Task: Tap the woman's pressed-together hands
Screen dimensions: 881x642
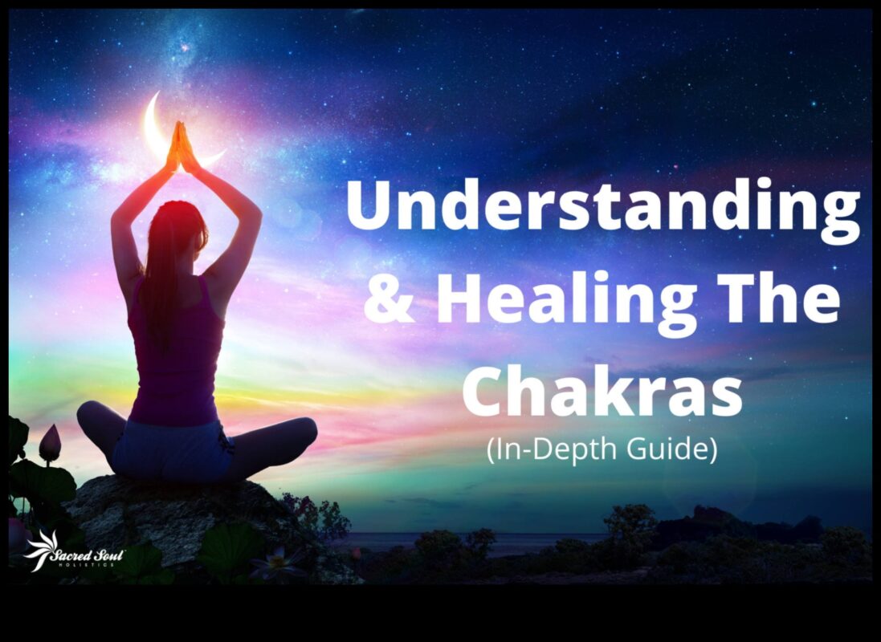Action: click(181, 146)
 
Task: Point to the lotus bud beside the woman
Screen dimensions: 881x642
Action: click(50, 443)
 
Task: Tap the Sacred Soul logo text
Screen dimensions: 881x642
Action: click(86, 555)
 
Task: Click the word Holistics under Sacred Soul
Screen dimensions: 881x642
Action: click(86, 565)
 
